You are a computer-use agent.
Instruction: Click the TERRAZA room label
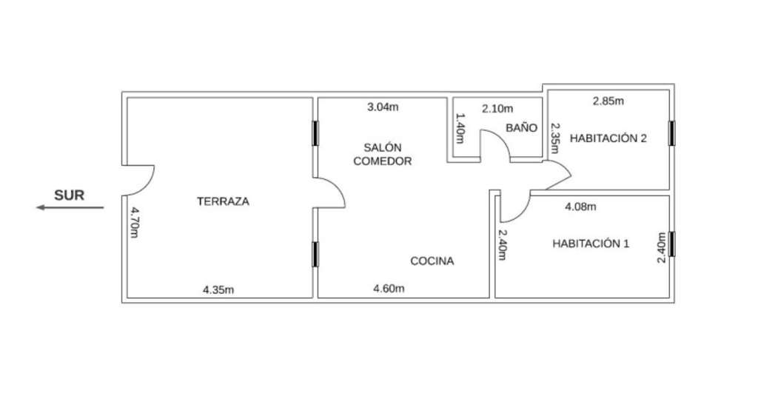tap(223, 201)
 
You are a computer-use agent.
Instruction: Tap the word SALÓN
tap(383, 147)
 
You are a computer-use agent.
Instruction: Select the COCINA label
tap(432, 261)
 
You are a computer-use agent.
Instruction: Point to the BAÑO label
tap(522, 127)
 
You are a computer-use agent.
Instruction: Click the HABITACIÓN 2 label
tap(608, 138)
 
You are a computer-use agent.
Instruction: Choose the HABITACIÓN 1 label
tap(591, 244)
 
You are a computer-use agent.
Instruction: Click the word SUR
tap(69, 195)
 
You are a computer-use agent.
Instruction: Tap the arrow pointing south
tap(70, 208)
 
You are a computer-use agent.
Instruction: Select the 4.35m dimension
tap(218, 290)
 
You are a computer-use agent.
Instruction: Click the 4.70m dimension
tap(135, 223)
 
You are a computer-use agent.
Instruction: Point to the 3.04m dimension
tap(383, 107)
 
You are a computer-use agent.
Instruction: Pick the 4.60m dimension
tap(389, 289)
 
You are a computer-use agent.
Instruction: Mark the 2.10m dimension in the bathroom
tap(497, 109)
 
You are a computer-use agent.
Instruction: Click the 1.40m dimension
tap(460, 129)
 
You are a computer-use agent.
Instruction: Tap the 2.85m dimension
tap(608, 101)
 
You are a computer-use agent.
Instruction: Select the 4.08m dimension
tap(580, 207)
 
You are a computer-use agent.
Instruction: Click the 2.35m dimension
tap(555, 138)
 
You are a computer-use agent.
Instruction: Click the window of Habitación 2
tap(671, 133)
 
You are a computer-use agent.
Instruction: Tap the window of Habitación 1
tap(671, 244)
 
